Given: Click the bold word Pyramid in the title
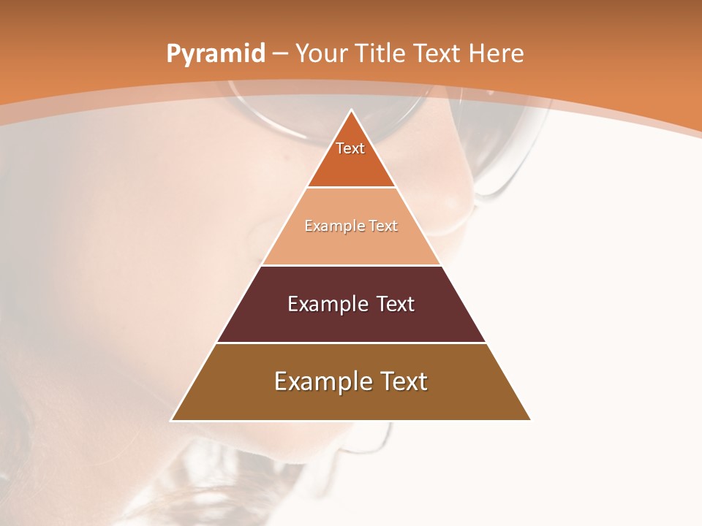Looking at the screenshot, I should click(x=216, y=54).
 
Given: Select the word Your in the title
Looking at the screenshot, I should click(x=323, y=54).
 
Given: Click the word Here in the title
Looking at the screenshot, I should click(x=496, y=54).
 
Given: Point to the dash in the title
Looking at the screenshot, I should click(x=280, y=54).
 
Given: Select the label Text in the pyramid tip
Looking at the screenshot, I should click(x=350, y=148).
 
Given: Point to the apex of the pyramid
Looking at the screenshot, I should click(x=351, y=111).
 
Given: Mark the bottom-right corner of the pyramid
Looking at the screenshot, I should click(x=529, y=419).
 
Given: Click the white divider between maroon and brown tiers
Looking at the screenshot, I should click(x=351, y=343).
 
